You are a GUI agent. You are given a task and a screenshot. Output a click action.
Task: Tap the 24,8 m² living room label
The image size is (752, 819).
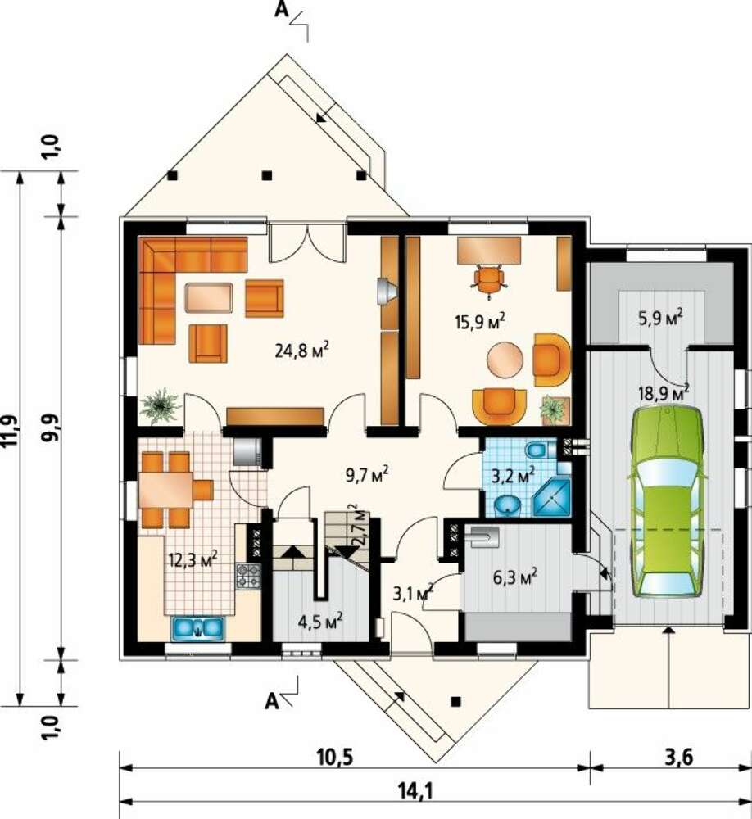(x=301, y=350)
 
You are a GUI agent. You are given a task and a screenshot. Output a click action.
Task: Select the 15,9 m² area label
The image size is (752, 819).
(x=480, y=321)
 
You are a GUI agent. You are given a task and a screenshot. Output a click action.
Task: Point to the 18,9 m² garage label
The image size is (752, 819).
(x=664, y=391)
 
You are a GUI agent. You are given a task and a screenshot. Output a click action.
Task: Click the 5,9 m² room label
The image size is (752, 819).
(x=662, y=318)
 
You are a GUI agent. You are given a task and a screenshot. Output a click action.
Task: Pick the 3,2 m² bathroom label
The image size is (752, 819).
(x=514, y=475)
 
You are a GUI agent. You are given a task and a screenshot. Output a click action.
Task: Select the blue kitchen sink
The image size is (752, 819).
(x=197, y=627)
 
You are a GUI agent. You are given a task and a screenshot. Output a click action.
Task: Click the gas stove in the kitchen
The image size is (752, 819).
(x=248, y=576)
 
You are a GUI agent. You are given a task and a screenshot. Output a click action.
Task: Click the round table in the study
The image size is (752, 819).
(x=505, y=360)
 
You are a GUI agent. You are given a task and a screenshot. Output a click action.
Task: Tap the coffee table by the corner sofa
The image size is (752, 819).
(x=209, y=298)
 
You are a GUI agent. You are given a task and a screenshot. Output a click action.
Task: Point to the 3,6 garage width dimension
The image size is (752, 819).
(x=679, y=757)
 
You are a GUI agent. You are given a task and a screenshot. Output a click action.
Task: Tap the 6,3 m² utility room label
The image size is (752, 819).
(x=515, y=577)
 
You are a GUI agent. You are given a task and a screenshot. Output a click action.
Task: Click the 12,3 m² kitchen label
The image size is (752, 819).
(x=193, y=559)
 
